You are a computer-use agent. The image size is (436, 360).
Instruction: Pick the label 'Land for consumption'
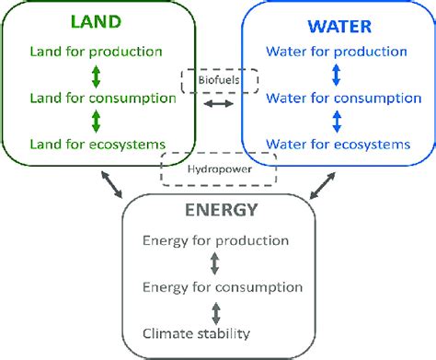tap(89, 98)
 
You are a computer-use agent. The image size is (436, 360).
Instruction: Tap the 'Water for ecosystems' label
tap(338, 144)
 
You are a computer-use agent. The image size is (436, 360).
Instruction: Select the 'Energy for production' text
tap(216, 241)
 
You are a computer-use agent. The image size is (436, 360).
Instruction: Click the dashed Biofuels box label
tap(218, 80)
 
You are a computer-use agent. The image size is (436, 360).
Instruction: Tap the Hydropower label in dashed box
tap(219, 169)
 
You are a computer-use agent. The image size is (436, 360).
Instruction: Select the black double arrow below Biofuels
tap(219, 106)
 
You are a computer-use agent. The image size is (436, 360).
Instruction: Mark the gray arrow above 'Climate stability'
tap(215, 311)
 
